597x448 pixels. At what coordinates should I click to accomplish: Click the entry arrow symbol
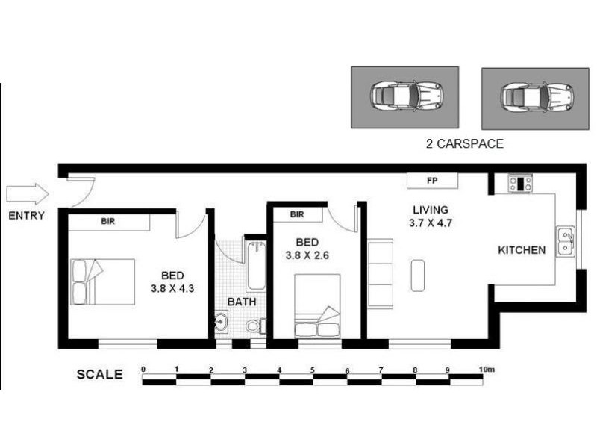coord(28,194)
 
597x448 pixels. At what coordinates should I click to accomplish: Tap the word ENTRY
coord(27,217)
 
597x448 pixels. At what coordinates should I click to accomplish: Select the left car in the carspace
coord(407,96)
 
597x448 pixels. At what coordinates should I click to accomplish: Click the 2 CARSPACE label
coord(463,144)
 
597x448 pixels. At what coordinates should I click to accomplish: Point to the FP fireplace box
coord(432,181)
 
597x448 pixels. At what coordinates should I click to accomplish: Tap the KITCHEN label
coord(522,250)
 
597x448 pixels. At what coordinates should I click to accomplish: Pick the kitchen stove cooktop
coord(520,183)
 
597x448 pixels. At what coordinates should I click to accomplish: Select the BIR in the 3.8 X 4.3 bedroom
coord(109,222)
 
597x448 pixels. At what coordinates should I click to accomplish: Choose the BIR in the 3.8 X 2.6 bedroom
coord(297,215)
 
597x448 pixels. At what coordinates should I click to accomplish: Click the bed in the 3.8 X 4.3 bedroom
coord(103,281)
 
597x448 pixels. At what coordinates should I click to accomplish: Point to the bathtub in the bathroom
coord(255,264)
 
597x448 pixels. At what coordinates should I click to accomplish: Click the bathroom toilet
coord(254,326)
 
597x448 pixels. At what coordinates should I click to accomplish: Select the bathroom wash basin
coord(222,323)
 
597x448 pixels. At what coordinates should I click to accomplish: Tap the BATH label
coord(242,302)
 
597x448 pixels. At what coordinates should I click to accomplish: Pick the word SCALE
coord(99,375)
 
